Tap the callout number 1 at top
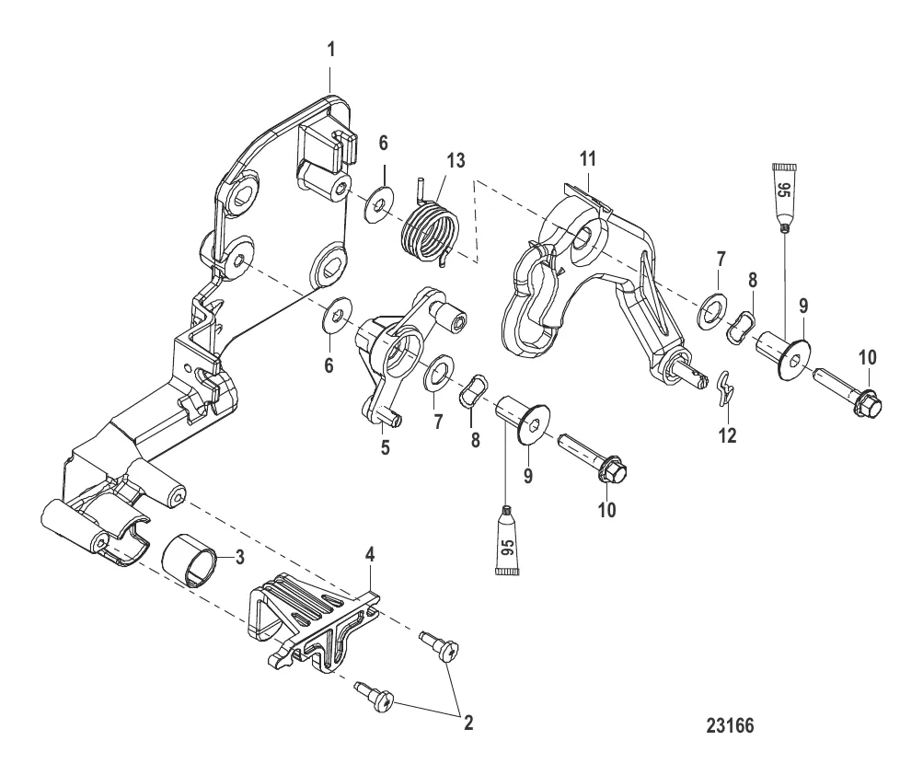tap(331, 50)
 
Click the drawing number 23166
tap(730, 725)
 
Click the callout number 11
tap(588, 158)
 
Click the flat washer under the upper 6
tap(378, 205)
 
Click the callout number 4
tap(370, 554)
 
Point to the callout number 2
tap(468, 723)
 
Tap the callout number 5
tap(385, 447)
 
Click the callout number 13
tap(456, 160)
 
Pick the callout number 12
tap(728, 435)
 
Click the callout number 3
tap(239, 557)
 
